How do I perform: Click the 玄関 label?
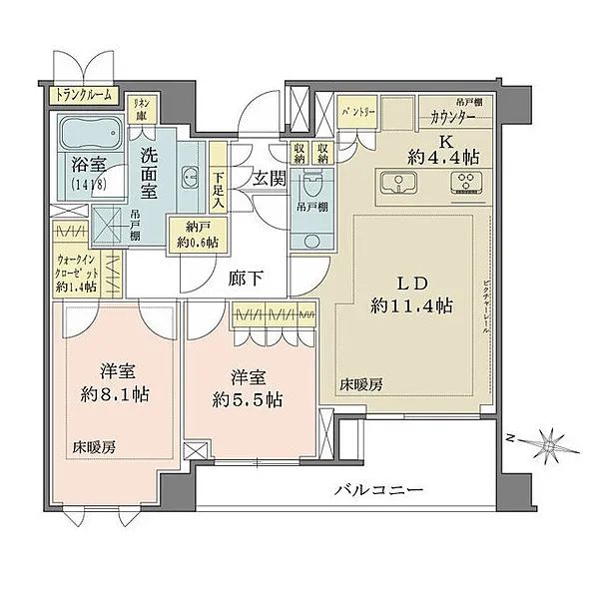(x=267, y=179)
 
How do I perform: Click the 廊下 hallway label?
(x=250, y=280)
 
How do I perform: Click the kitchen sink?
(x=399, y=183)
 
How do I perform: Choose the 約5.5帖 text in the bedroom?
(x=248, y=399)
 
